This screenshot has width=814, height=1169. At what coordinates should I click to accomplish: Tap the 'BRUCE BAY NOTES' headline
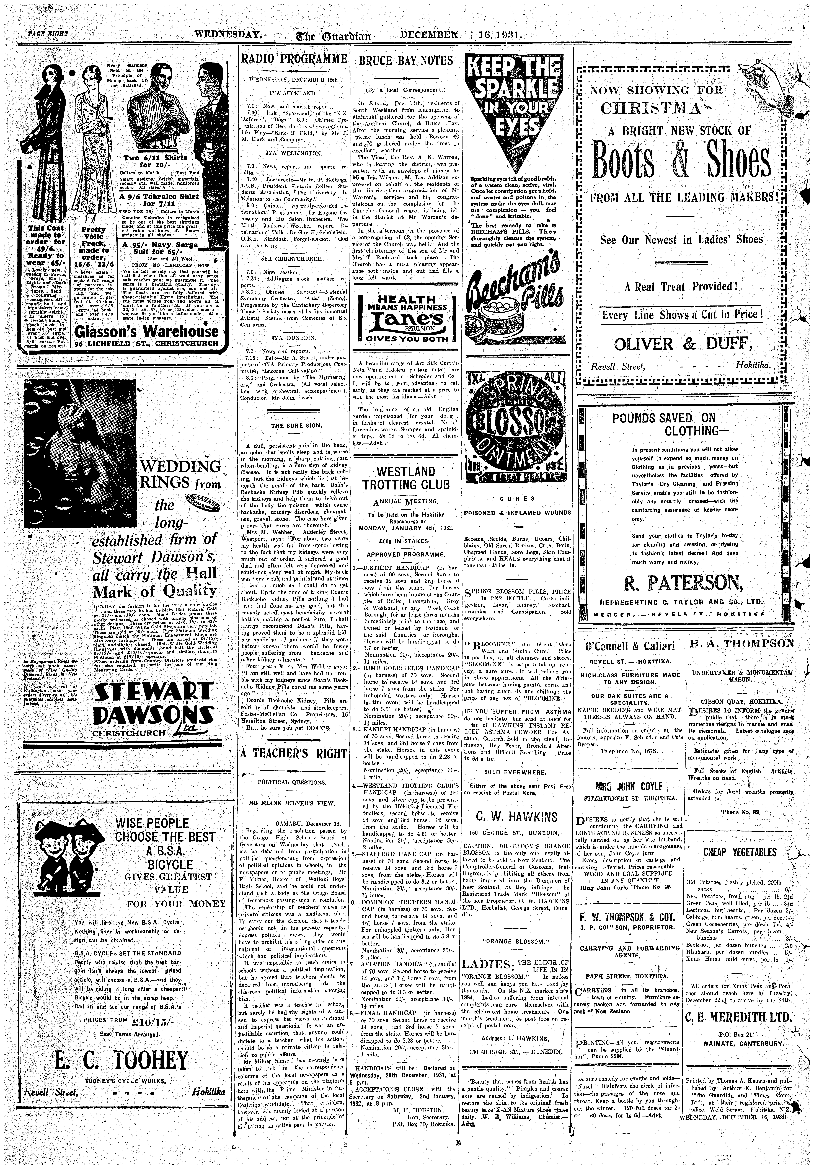click(x=406, y=61)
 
